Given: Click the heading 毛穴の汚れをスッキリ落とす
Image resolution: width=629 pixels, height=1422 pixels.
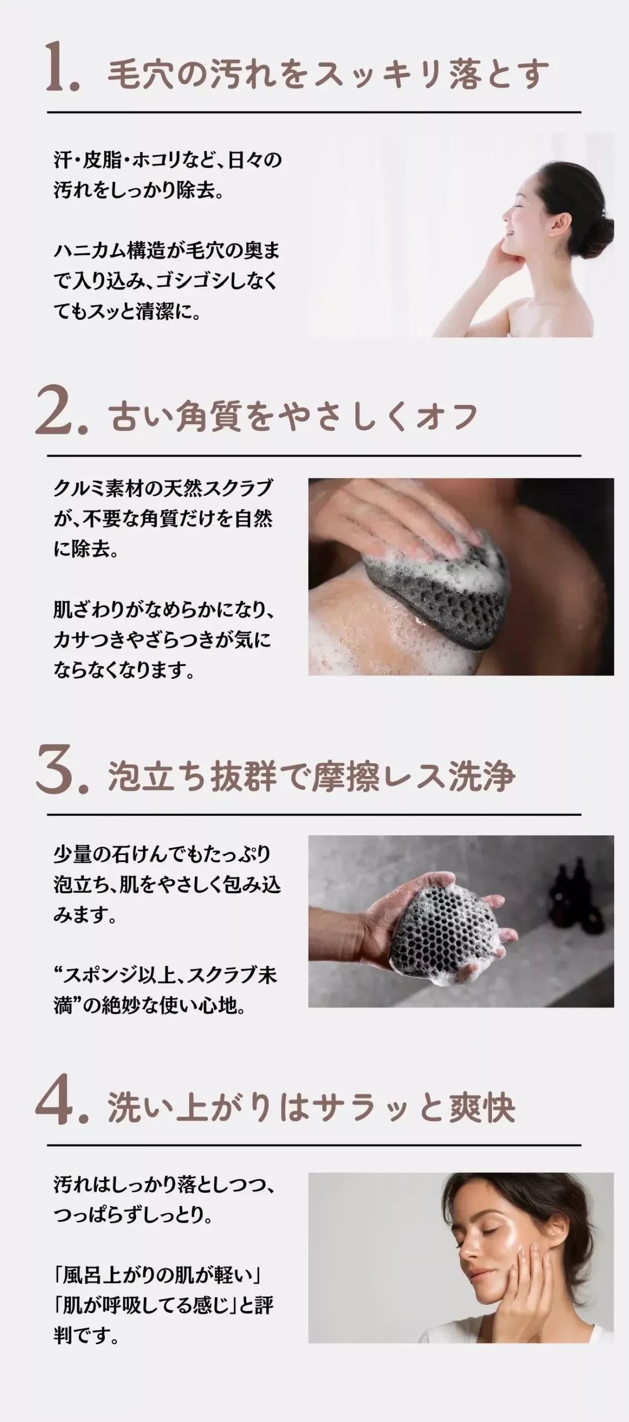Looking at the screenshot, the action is [328, 74].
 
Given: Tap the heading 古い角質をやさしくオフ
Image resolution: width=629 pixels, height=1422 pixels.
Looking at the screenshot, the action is [293, 417].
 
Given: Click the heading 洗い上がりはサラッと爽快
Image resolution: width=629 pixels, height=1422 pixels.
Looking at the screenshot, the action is [311, 1106].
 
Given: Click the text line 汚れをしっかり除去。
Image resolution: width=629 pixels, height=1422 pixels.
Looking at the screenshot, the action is [139, 190].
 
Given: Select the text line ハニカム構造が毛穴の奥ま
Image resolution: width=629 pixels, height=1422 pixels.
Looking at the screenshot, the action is [167, 251].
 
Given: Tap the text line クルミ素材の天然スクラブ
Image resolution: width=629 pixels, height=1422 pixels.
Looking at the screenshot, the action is [163, 488].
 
